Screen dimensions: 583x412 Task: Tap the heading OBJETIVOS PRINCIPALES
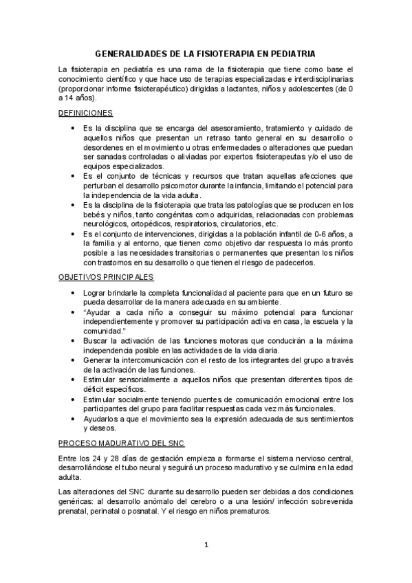[105, 277]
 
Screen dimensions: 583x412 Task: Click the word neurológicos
[105, 224]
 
